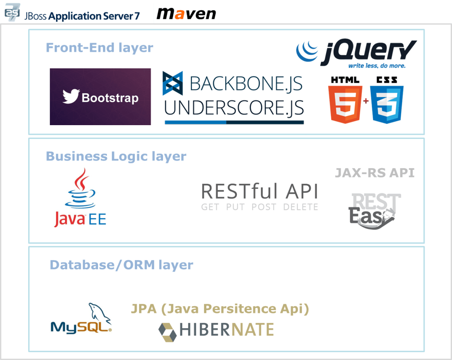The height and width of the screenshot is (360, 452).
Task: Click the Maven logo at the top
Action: (186, 13)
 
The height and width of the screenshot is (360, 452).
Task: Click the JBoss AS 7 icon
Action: (12, 13)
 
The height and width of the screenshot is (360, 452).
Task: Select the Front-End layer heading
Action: (99, 47)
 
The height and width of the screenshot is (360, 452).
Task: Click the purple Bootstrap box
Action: (100, 97)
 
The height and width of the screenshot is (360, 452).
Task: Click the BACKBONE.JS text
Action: (246, 84)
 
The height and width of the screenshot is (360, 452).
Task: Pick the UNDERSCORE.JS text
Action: (234, 108)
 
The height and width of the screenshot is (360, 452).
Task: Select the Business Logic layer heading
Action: (116, 156)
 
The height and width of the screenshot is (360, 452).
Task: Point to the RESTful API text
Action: (260, 191)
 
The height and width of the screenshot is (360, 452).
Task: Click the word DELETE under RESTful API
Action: (300, 207)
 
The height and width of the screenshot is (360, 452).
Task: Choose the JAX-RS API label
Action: (375, 172)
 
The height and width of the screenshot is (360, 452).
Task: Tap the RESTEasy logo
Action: (375, 211)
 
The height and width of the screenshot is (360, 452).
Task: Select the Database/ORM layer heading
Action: (122, 265)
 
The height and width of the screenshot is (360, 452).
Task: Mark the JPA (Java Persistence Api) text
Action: (220, 309)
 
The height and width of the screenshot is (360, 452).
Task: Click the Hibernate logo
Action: (216, 330)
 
